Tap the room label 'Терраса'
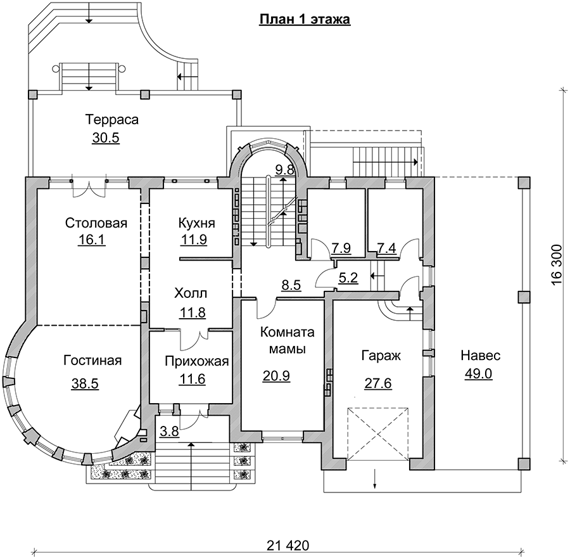[111, 120]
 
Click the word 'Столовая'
[96, 223]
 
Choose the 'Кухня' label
[196, 223]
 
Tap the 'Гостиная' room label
[92, 361]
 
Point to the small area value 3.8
[168, 433]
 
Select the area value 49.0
[478, 374]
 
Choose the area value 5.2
[348, 277]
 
